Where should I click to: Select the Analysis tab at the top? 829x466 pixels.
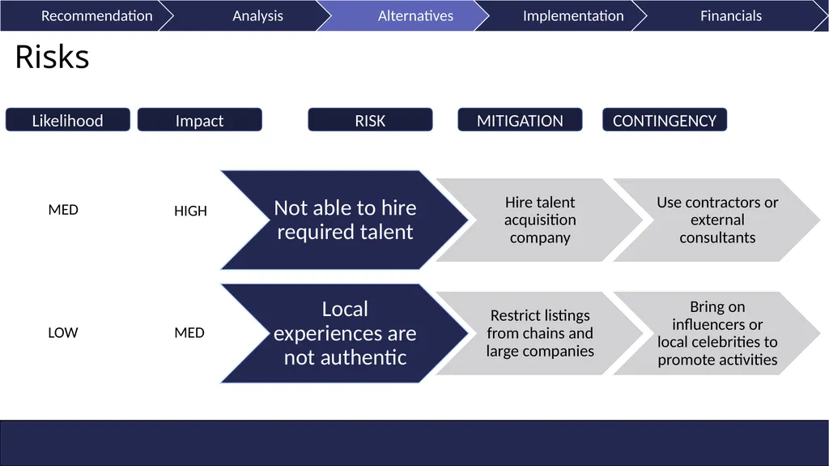click(x=257, y=16)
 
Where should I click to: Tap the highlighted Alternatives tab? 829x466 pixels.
click(x=415, y=16)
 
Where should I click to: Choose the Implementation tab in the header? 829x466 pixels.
click(x=573, y=16)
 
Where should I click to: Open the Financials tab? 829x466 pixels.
click(x=731, y=16)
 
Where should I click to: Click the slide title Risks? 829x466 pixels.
click(x=52, y=57)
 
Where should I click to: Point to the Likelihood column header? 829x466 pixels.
click(x=68, y=120)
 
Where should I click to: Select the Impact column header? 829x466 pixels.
click(x=199, y=120)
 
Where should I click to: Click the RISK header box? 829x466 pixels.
click(x=370, y=120)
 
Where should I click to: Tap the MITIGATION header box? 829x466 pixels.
click(x=520, y=120)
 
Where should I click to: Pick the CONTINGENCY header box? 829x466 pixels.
click(x=665, y=120)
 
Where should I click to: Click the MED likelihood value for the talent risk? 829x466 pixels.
click(x=63, y=210)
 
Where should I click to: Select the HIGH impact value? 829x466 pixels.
click(x=190, y=211)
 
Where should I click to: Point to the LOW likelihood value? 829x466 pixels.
click(x=63, y=332)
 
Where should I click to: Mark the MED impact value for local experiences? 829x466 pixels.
click(x=189, y=332)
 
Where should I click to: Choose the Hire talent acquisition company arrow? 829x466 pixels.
click(x=540, y=220)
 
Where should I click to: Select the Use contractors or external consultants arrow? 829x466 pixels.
click(x=717, y=220)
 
